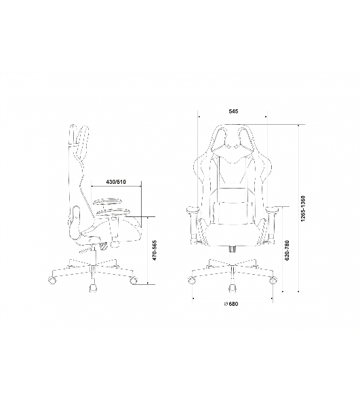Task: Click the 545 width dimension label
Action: point(233,111)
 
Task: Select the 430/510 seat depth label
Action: point(116,182)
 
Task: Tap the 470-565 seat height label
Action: point(155,250)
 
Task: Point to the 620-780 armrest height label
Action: point(287,250)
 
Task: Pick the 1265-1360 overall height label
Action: point(303,209)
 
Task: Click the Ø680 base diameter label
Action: point(231,304)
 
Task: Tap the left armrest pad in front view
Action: point(193,210)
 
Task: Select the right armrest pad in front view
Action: point(273,210)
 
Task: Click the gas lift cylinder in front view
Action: point(233,248)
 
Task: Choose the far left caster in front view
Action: point(191,280)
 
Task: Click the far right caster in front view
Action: point(273,280)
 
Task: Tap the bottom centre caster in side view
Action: point(93,288)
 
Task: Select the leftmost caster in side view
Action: point(52,280)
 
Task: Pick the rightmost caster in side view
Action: point(134,280)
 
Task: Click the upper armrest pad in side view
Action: point(107,201)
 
